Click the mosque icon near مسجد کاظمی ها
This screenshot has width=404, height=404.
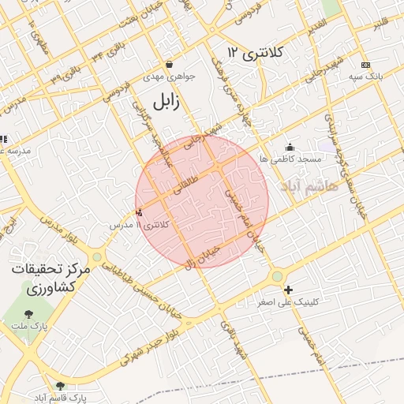pyautogui.click(x=290, y=147)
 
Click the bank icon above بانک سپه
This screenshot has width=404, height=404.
pyautogui.click(x=365, y=65)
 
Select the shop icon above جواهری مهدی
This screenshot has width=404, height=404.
pyautogui.click(x=169, y=65)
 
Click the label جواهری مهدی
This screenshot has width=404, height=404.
pyautogui.click(x=168, y=78)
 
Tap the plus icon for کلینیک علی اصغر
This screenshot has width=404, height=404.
pyautogui.click(x=288, y=290)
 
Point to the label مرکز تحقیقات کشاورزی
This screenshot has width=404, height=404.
pyautogui.click(x=52, y=279)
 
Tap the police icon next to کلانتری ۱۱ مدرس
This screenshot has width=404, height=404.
pyautogui.click(x=140, y=211)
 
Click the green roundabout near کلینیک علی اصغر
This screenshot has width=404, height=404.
pyautogui.click(x=278, y=276)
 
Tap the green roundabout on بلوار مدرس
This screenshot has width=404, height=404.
pyautogui.click(x=97, y=256)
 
